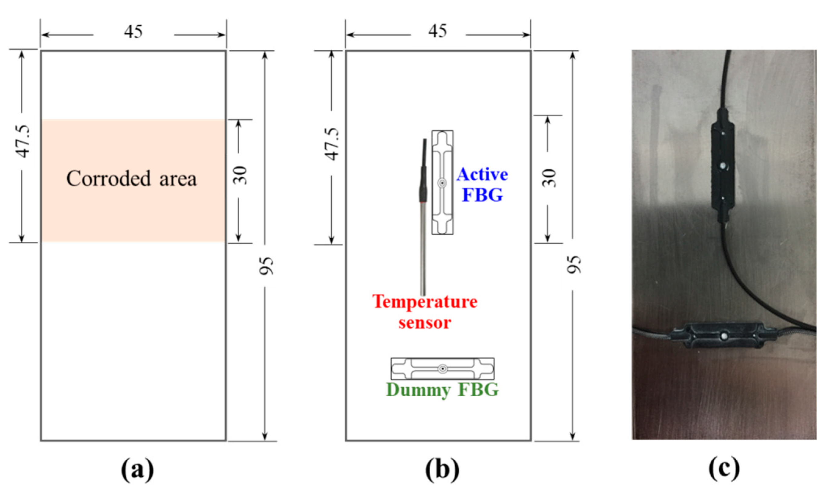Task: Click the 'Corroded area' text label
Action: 131,179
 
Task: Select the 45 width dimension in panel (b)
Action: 438,31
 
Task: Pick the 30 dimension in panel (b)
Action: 549,178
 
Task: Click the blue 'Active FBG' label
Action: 482,185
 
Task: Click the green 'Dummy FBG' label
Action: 442,390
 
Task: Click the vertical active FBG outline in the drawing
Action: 442,182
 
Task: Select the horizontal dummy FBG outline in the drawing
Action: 442,369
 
